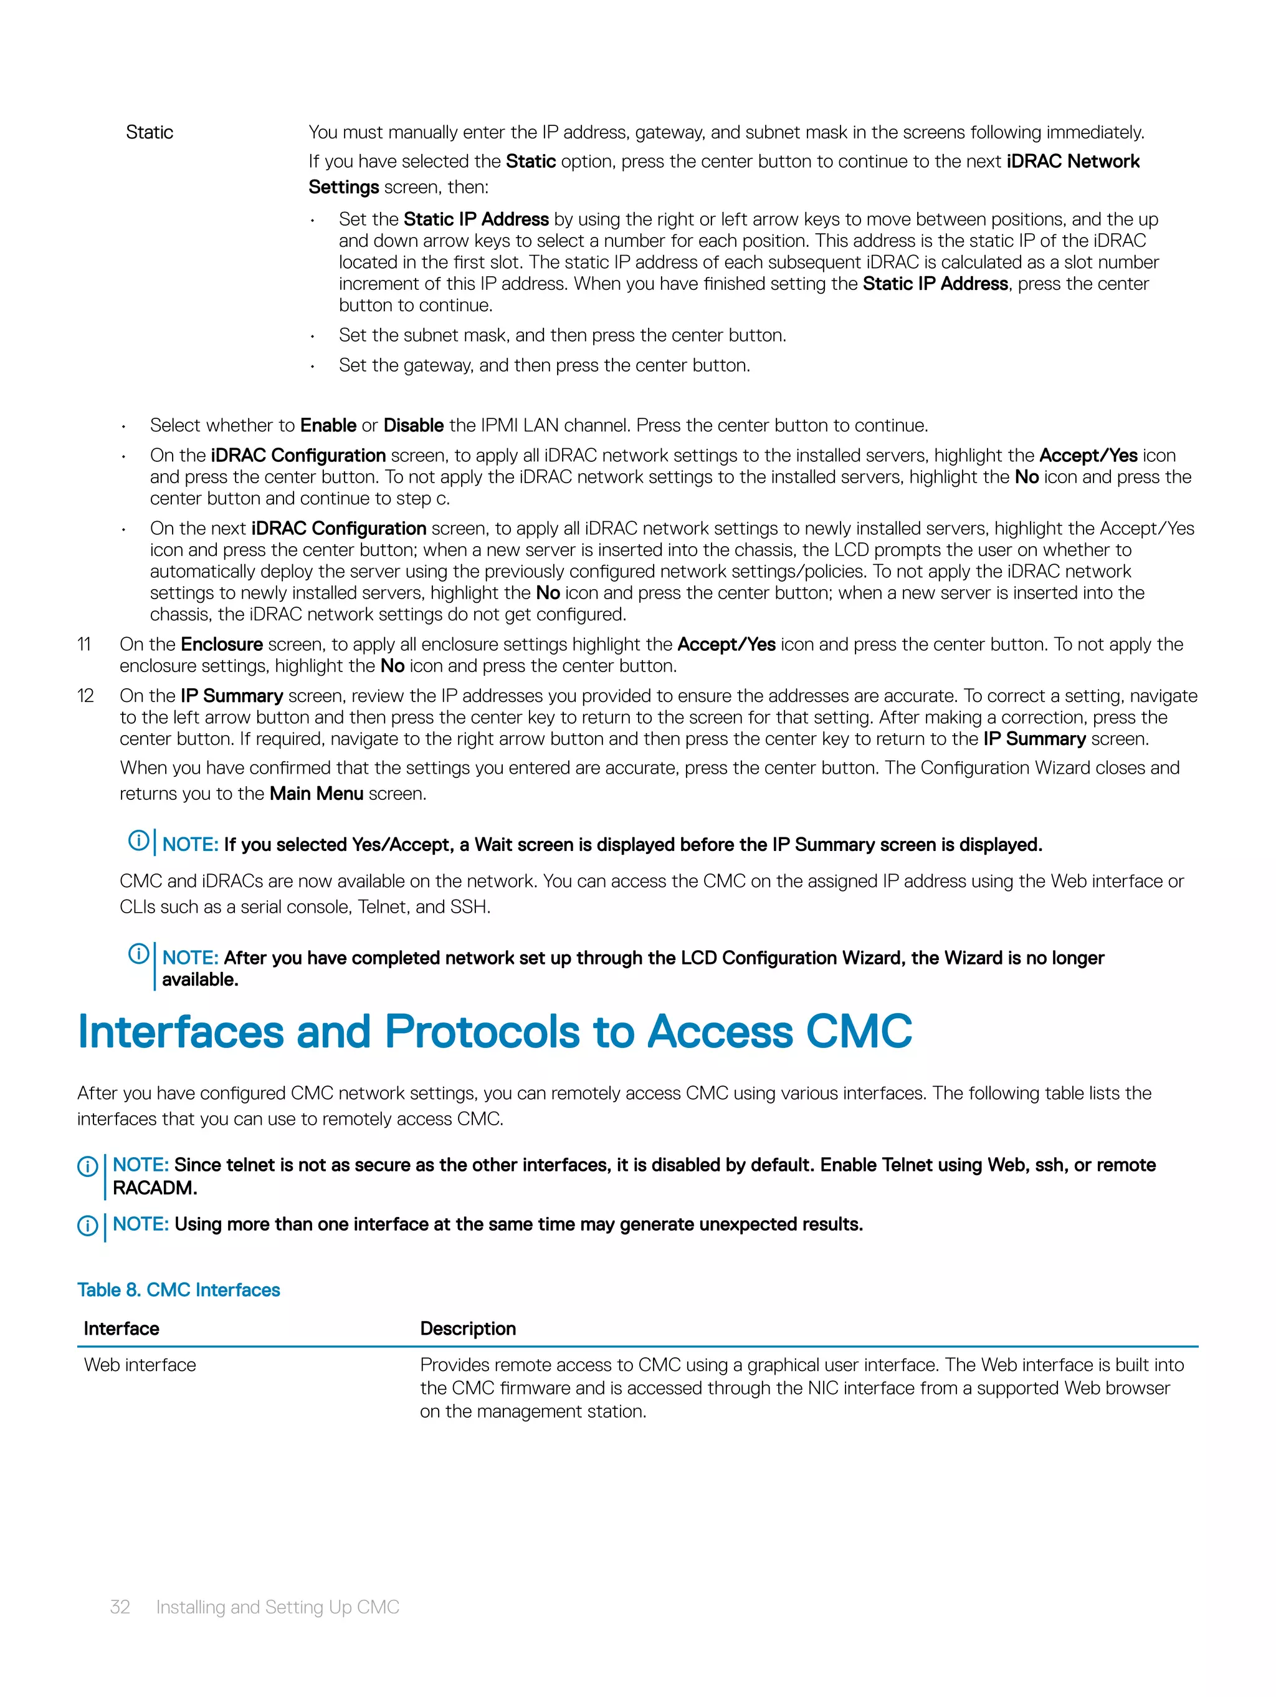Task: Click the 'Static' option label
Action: pos(150,132)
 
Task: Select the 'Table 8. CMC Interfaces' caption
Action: pos(179,1290)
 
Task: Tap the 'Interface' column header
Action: pos(121,1328)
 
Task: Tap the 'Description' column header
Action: pos(468,1328)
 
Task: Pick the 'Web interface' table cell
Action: pos(140,1365)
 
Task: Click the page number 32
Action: pos(120,1607)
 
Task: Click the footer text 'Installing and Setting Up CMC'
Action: pos(278,1607)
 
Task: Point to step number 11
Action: pos(84,645)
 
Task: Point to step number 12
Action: pos(85,696)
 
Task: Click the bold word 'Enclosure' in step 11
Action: pos(222,645)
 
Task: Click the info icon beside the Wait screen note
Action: pos(138,841)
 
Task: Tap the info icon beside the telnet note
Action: pos(87,1167)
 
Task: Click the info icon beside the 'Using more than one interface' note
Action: pos(87,1226)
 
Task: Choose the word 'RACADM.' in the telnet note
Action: pos(155,1188)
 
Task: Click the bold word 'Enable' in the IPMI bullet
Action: pos(328,426)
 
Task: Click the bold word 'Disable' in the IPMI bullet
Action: pos(413,426)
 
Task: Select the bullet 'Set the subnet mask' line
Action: pos(562,335)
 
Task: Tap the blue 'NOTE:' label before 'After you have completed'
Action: pos(190,958)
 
